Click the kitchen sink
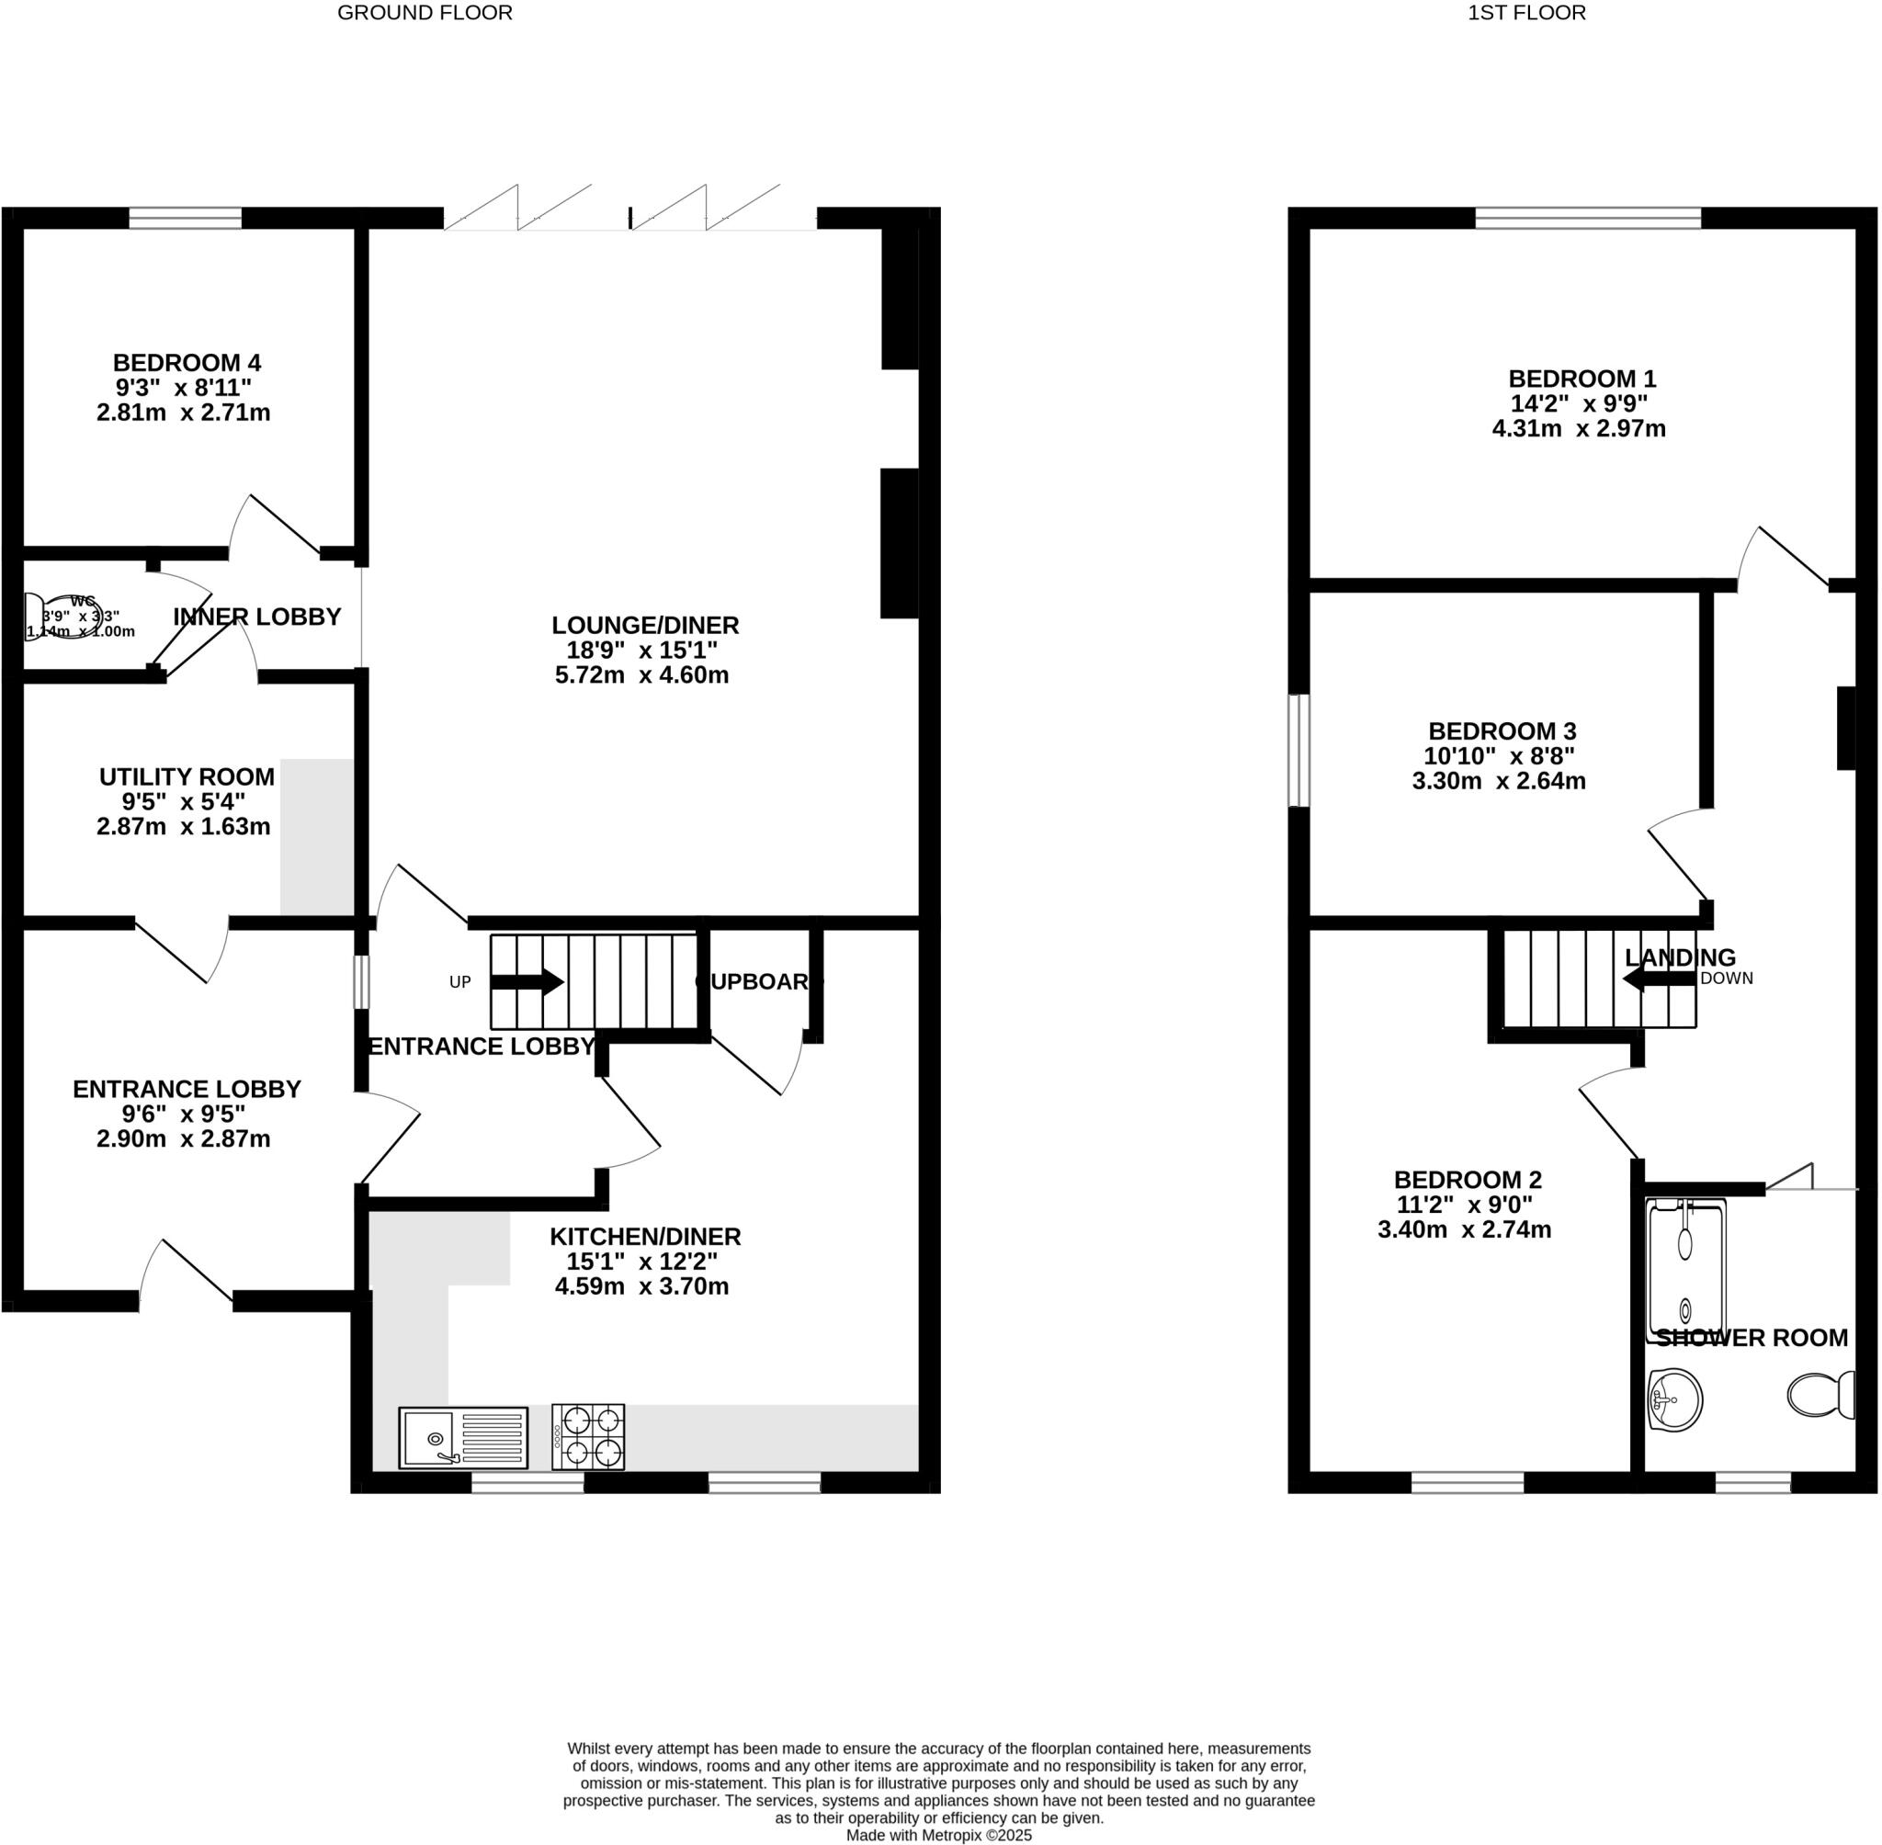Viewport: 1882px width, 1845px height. coord(462,1438)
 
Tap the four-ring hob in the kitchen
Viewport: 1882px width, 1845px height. coord(588,1437)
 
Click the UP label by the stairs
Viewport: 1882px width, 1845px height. coord(459,981)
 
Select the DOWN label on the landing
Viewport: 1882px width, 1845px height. coord(1726,978)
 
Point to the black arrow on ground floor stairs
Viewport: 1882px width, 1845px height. coord(527,981)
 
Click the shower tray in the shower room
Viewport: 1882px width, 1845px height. coord(1686,1271)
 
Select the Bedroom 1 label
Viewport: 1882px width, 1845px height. coord(1582,379)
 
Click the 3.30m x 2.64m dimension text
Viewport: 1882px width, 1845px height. coord(1498,781)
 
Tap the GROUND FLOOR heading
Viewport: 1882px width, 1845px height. coord(425,13)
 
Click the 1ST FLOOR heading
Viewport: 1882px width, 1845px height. coord(1526,13)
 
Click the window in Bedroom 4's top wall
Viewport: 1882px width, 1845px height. coord(185,219)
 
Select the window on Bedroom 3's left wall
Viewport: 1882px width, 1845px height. coord(1298,750)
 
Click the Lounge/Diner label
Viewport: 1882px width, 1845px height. coord(644,625)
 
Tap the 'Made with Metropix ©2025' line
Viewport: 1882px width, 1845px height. coord(938,1834)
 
